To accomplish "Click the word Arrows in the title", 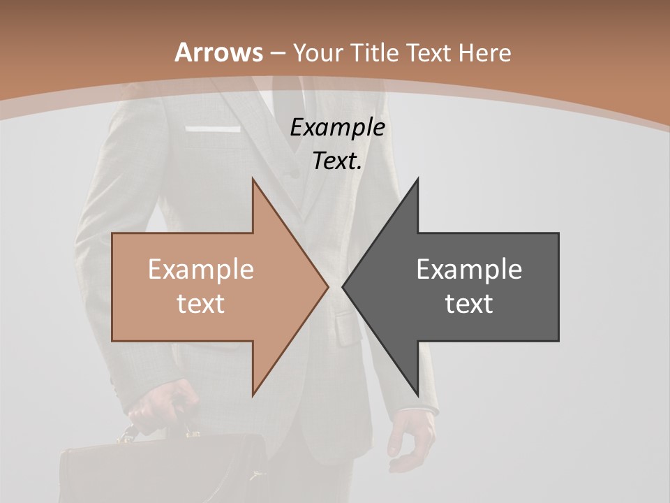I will pyautogui.click(x=218, y=52).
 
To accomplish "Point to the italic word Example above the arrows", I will pyautogui.click(x=337, y=128).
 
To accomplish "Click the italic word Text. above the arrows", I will pyautogui.click(x=337, y=161).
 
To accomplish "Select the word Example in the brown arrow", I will pyautogui.click(x=201, y=270).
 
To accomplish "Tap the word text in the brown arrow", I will pyautogui.click(x=201, y=303).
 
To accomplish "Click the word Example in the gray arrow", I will pyautogui.click(x=469, y=270).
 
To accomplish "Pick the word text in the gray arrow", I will pyautogui.click(x=469, y=303).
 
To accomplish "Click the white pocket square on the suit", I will pyautogui.click(x=213, y=129).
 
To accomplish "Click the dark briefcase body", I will pyautogui.click(x=161, y=472).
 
